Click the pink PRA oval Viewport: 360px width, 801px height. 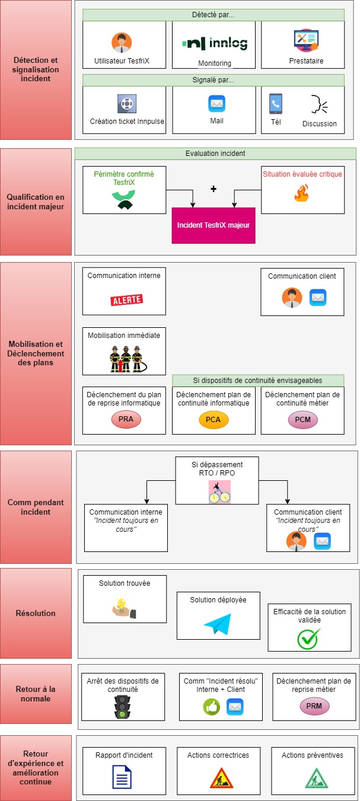tap(125, 420)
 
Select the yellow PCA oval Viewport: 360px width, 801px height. tap(214, 420)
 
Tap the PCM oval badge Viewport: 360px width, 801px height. tap(302, 420)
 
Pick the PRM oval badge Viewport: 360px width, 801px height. tap(314, 706)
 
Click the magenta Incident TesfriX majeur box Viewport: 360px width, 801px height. tap(214, 225)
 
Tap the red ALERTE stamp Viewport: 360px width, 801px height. tap(127, 299)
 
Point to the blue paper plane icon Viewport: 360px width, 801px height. tap(219, 623)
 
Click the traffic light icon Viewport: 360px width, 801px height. tap(123, 707)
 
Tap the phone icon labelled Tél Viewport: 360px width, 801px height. tap(275, 104)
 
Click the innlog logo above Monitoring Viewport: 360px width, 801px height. tap(214, 44)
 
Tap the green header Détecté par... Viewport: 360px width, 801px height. tap(214, 15)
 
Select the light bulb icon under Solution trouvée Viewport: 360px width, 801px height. tap(123, 606)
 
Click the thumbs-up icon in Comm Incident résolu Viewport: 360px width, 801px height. tap(212, 706)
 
